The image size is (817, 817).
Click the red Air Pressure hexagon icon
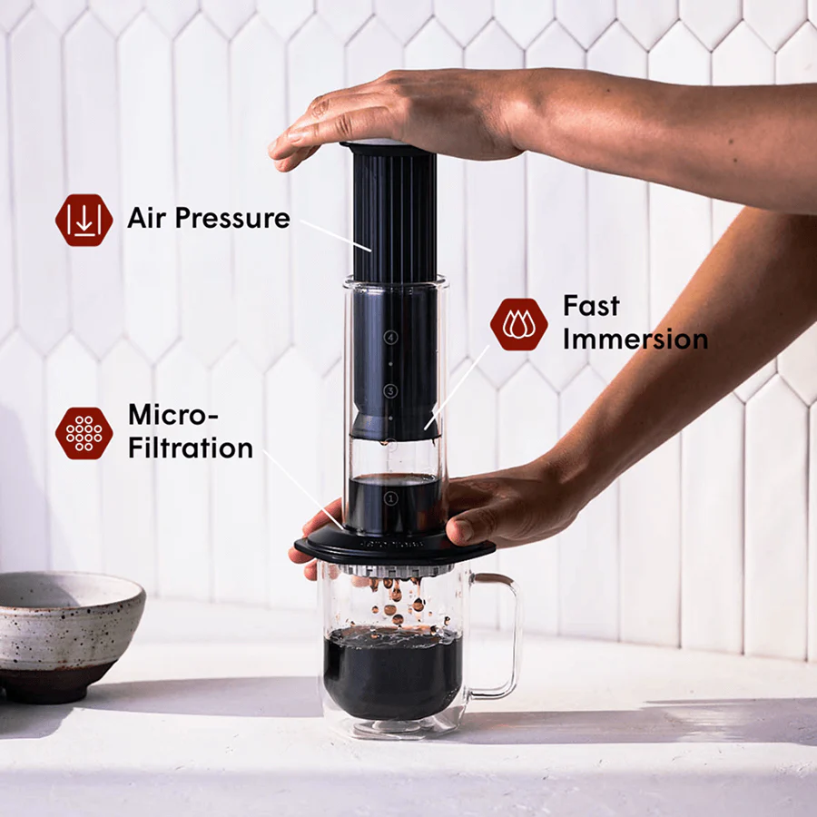click(x=84, y=220)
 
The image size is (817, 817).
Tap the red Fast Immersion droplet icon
click(x=518, y=324)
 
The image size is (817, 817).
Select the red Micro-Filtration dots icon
click(x=84, y=432)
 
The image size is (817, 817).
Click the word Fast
click(x=592, y=306)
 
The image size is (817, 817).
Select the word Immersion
click(x=635, y=340)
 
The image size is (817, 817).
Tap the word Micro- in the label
click(x=173, y=415)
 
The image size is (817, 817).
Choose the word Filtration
click(x=190, y=448)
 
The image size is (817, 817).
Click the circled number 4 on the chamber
click(x=391, y=337)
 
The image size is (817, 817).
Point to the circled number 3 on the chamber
click(x=391, y=391)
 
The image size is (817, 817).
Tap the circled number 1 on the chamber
click(x=391, y=498)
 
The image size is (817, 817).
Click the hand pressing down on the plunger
click(x=408, y=113)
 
